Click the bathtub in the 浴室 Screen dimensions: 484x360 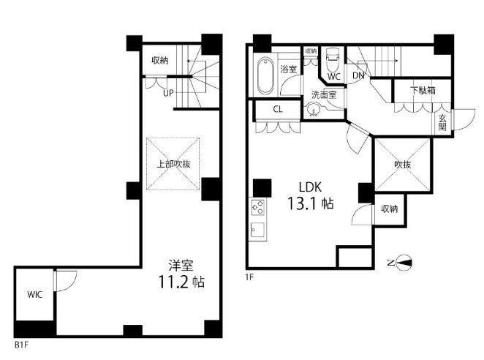pyautogui.click(x=265, y=75)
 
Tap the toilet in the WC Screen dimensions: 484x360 pyautogui.click(x=333, y=59)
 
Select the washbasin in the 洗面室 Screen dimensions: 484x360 pyautogui.click(x=313, y=110)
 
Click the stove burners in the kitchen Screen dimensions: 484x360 pyautogui.click(x=258, y=207)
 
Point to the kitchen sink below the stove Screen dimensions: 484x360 pyautogui.click(x=258, y=230)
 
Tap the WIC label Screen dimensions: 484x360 pyautogui.click(x=35, y=294)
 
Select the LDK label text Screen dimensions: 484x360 pyautogui.click(x=310, y=187)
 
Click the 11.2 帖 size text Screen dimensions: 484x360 pyautogui.click(x=181, y=282)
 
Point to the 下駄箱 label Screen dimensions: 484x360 pyautogui.click(x=423, y=90)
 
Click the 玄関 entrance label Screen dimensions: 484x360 pyautogui.click(x=442, y=122)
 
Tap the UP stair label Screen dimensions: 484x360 pyautogui.click(x=168, y=93)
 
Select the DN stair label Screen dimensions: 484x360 pyautogui.click(x=358, y=75)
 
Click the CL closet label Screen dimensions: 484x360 pyautogui.click(x=278, y=109)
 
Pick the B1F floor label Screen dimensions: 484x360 pyautogui.click(x=21, y=345)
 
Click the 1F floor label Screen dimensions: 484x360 pyautogui.click(x=249, y=277)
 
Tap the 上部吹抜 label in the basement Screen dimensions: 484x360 pyautogui.click(x=173, y=164)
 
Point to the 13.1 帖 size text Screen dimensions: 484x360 pyautogui.click(x=311, y=203)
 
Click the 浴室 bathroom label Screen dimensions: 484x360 pyautogui.click(x=288, y=69)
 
